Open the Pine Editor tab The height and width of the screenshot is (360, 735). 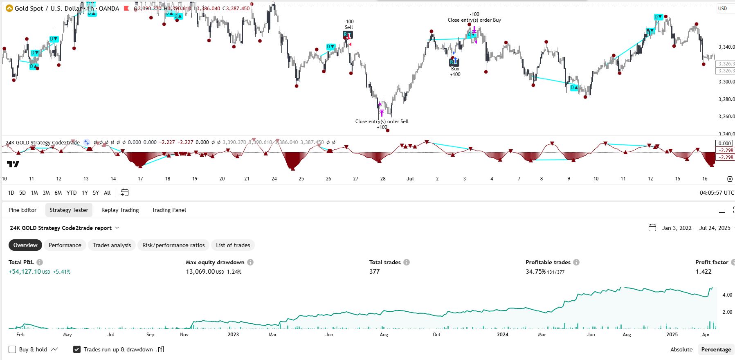(x=22, y=210)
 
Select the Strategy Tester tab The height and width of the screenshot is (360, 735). (x=69, y=210)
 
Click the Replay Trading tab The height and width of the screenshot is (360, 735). (x=120, y=210)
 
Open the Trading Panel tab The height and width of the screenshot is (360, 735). (x=169, y=210)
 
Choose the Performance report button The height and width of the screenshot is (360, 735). (x=65, y=245)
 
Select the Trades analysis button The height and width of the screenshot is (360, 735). (x=112, y=245)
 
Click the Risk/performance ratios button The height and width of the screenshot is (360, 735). (x=173, y=245)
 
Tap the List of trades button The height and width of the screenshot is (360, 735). (x=233, y=245)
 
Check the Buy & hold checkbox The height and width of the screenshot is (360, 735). (x=12, y=349)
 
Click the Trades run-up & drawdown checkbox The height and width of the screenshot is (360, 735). (x=76, y=349)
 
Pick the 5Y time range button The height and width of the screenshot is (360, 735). (x=96, y=193)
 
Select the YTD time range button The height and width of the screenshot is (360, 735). (x=72, y=193)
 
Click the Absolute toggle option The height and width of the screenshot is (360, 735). (x=681, y=349)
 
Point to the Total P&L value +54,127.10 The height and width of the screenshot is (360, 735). (x=25, y=272)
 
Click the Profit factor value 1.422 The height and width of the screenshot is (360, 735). (x=703, y=272)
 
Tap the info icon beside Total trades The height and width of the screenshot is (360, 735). (x=407, y=262)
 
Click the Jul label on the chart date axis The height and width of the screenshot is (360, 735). (x=410, y=179)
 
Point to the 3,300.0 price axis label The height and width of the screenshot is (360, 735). (x=726, y=82)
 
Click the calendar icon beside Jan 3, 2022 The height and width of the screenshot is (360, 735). (x=652, y=228)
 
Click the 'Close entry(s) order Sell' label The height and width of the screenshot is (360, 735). (x=382, y=122)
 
